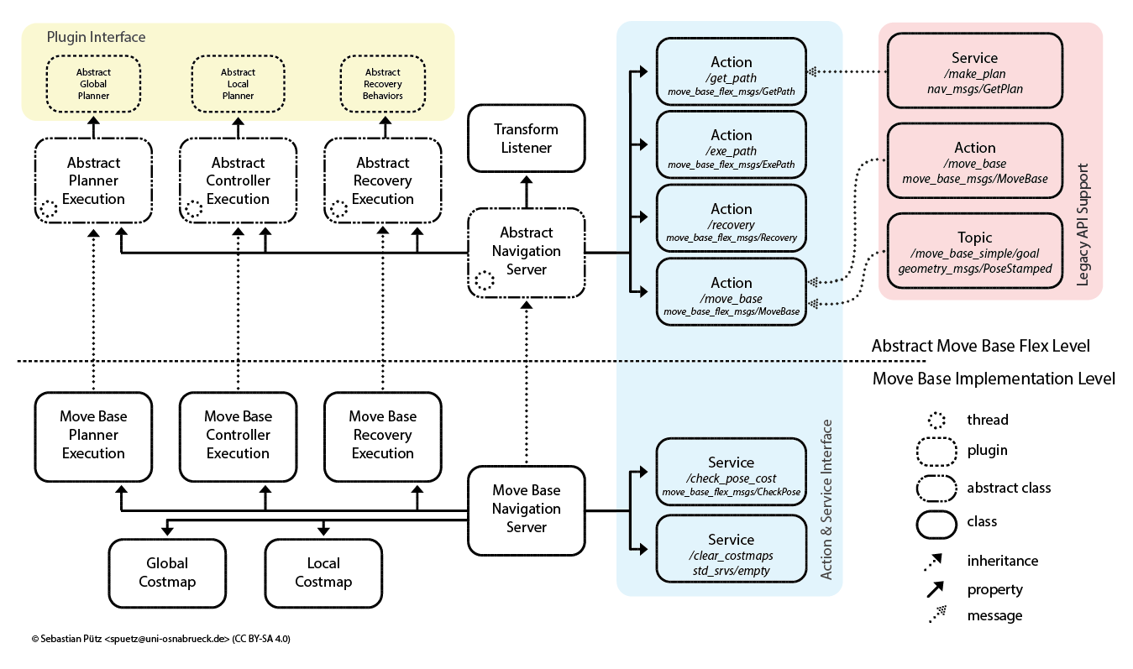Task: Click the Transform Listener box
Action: coord(526,139)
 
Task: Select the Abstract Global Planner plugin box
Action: coord(93,84)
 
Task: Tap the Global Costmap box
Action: coord(167,572)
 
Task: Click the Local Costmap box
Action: coord(323,572)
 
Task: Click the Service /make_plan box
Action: coord(974,72)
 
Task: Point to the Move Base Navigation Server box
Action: coord(526,509)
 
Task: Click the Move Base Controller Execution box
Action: coord(238,435)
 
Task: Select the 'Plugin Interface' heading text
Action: coord(96,37)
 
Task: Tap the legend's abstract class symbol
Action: coord(936,488)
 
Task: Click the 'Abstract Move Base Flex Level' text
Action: coord(980,346)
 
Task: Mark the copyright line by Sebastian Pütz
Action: coord(160,639)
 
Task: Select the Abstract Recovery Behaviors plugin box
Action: coord(383,84)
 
